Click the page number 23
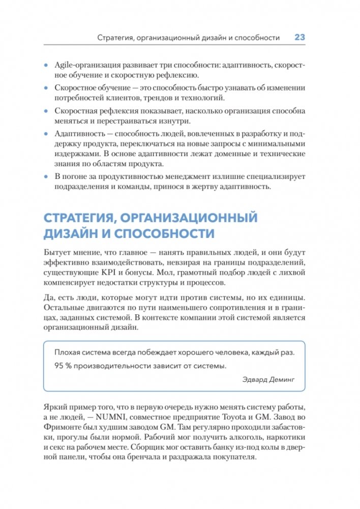(x=299, y=38)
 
